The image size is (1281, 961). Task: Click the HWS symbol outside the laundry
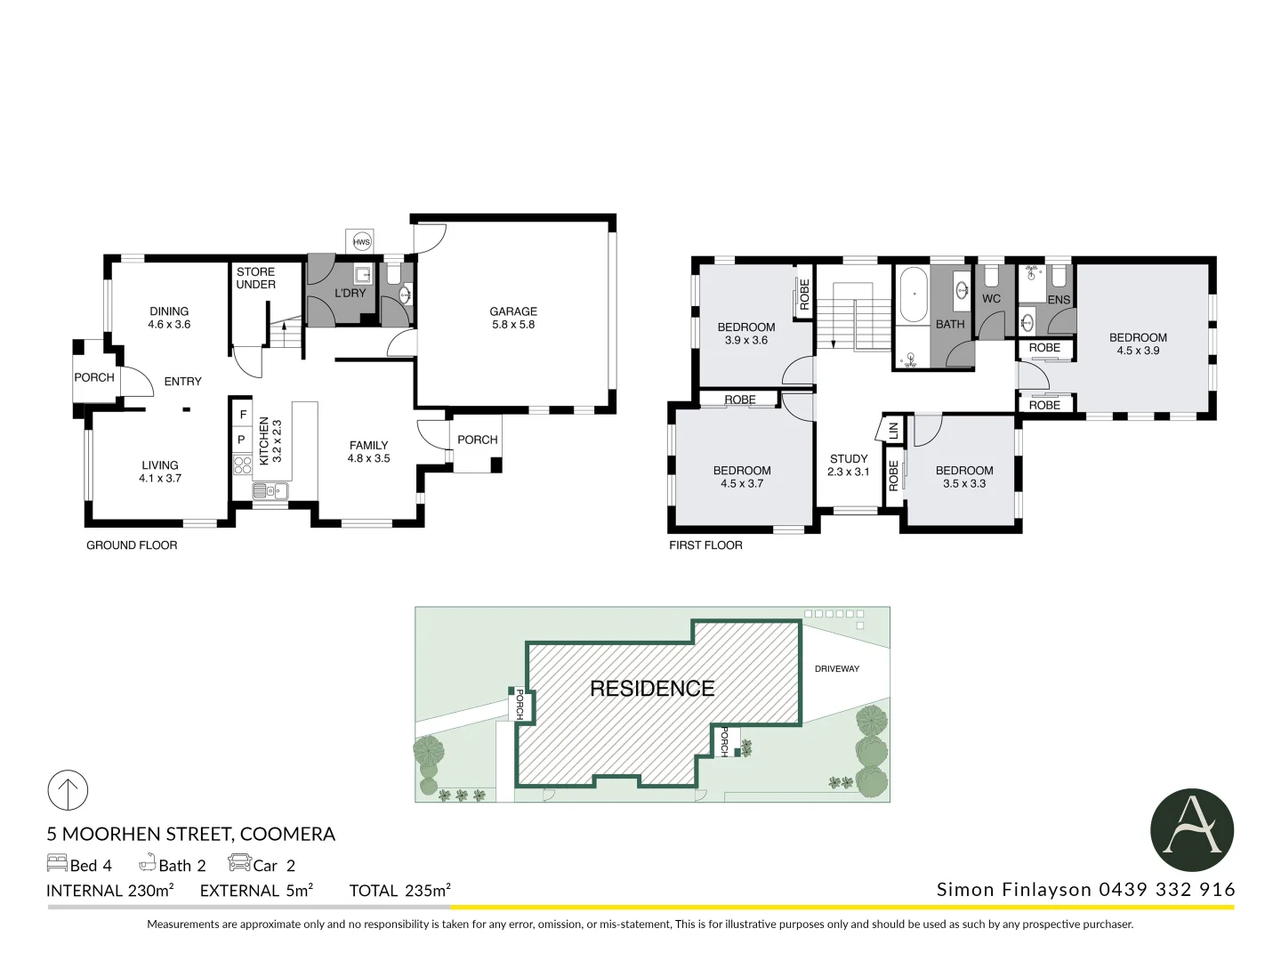pos(361,242)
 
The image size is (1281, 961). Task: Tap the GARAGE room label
pos(513,318)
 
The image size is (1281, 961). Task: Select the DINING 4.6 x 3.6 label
pos(169,318)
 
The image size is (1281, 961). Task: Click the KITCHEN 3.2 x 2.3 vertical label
pos(270,441)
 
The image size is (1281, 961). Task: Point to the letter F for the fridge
pos(243,415)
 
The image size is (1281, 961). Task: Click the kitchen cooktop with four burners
pos(242,464)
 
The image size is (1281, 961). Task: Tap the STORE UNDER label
pos(255,279)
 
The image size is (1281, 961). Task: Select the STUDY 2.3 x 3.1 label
pos(848,465)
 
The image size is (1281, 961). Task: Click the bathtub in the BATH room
pos(913,295)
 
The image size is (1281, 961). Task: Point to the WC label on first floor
pos(991,299)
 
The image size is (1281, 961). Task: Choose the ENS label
pos(1059,300)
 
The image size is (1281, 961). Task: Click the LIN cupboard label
pos(893,431)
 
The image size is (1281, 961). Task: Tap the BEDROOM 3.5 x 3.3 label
pos(964,477)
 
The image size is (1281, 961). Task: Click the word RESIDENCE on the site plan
pos(652,689)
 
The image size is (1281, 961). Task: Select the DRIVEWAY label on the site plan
pos(837,668)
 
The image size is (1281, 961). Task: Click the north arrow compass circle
pos(68,790)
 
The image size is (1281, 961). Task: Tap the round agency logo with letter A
pos(1192,831)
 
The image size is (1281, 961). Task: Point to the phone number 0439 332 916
pos(1167,890)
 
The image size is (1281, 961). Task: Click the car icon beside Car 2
pos(239,863)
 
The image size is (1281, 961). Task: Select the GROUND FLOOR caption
pos(132,545)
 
